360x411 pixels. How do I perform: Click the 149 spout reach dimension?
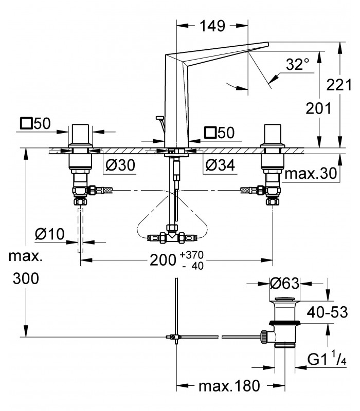coord(212,26)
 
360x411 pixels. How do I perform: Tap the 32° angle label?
coord(298,64)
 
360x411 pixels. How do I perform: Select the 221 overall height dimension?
coord(339,85)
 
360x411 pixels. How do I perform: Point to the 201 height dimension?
coord(318,108)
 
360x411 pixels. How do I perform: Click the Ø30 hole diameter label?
coord(120,165)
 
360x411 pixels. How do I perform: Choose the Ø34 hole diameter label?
coord(220,165)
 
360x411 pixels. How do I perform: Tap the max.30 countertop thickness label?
coord(311,173)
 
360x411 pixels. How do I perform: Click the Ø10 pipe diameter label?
coord(50,234)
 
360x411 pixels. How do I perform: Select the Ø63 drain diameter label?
coord(285,283)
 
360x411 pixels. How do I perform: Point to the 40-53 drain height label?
coord(328,312)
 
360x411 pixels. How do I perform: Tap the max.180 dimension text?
coord(229,386)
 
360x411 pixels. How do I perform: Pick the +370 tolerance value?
coord(192,254)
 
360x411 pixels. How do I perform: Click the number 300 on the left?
coord(26,278)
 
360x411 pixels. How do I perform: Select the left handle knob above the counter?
coord(80,134)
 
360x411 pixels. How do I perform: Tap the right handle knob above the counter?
coord(273,134)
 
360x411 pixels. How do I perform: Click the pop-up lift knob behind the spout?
coord(159,118)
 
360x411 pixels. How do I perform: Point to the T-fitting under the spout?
coord(172,235)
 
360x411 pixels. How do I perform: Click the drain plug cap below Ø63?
coord(285,299)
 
